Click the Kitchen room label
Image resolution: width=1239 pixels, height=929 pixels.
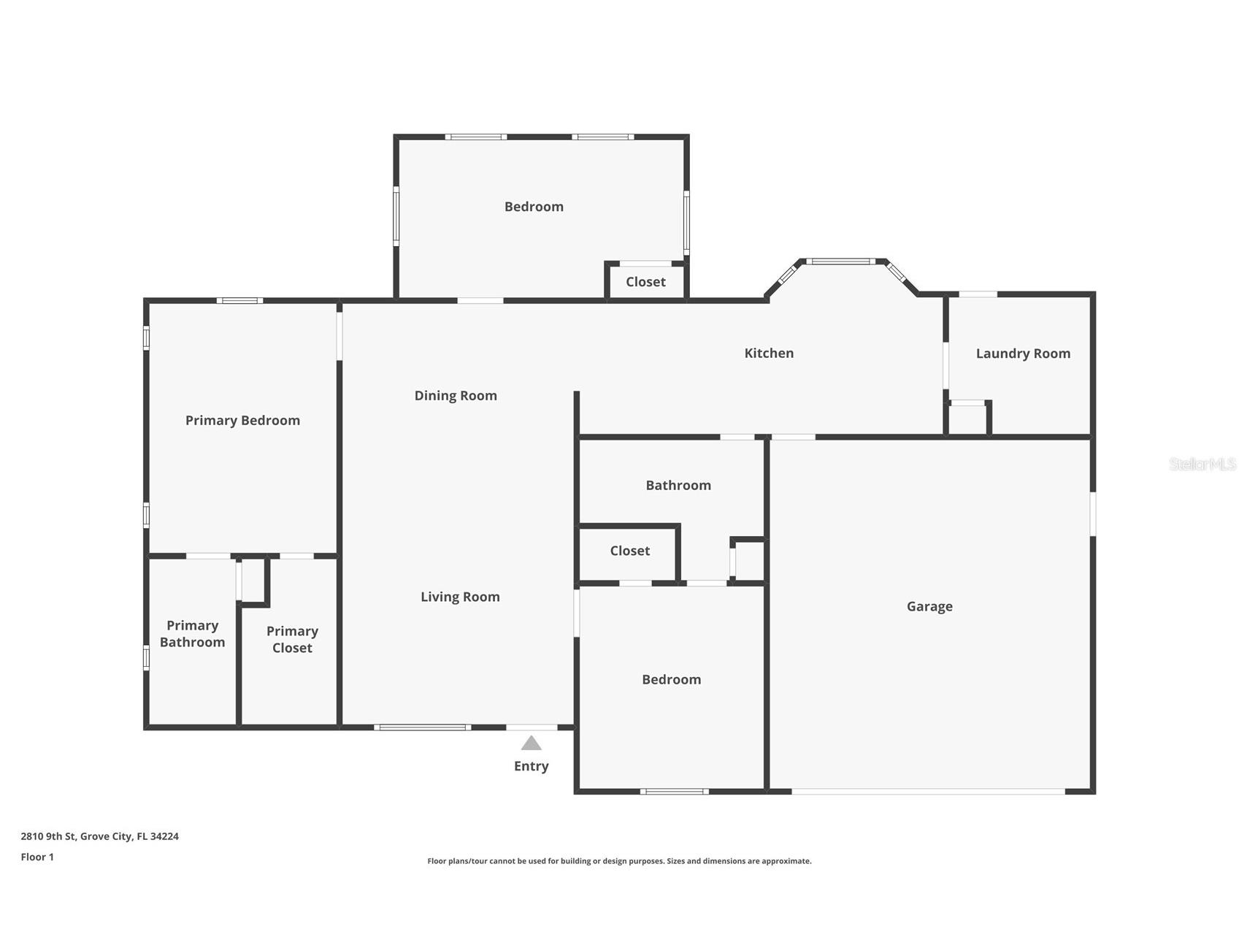tap(769, 353)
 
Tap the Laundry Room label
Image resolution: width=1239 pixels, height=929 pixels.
tap(1023, 353)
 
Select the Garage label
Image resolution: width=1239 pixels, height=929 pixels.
tap(929, 606)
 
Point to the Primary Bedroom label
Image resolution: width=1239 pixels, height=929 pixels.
tap(242, 421)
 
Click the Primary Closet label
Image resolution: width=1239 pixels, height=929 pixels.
tap(292, 640)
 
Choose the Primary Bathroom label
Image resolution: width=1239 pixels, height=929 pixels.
tap(192, 634)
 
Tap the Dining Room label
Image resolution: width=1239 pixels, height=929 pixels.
tap(456, 396)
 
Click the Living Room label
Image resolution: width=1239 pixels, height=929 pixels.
tap(460, 597)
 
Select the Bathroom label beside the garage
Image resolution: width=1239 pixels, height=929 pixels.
tap(678, 486)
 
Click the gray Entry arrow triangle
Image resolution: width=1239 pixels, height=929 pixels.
tap(531, 744)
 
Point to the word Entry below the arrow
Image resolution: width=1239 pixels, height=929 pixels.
tap(531, 766)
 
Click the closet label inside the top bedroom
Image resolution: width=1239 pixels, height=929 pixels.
tap(645, 282)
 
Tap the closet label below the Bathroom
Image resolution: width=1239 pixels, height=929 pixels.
tap(630, 551)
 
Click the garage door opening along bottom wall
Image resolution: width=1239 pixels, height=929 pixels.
tap(927, 792)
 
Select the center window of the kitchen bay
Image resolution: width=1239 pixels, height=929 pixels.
tap(840, 261)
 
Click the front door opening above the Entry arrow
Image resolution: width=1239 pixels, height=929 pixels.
tap(532, 727)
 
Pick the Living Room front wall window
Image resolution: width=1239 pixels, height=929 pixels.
tap(422, 727)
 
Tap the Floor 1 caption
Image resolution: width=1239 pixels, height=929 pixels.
tap(37, 857)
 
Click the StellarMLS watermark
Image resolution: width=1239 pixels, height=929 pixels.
tap(1202, 464)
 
